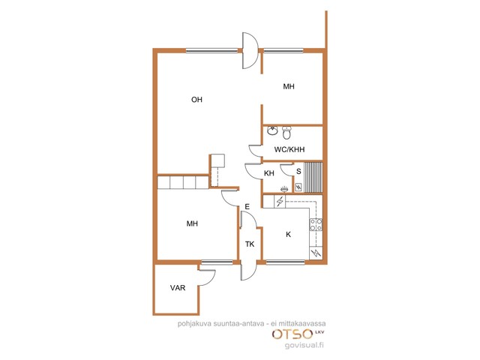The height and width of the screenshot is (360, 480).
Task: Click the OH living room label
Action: pos(196,100)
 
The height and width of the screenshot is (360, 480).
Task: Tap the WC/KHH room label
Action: pos(289,149)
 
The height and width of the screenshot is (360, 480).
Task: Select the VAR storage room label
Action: pos(178,288)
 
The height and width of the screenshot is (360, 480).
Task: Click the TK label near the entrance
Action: pos(250,244)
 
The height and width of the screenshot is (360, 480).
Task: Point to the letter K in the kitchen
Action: pos(288,235)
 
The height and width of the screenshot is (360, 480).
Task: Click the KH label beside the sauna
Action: pos(269,173)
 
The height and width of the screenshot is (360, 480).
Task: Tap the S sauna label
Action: pos(298,172)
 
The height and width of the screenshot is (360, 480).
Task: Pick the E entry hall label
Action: pos(247,207)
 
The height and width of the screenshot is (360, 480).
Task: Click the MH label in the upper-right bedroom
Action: pos(289,87)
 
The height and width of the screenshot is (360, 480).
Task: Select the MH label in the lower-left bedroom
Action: pos(192,223)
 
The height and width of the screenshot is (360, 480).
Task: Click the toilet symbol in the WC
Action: pos(286,133)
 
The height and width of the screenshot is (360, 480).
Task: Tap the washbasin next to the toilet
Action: pos(271,130)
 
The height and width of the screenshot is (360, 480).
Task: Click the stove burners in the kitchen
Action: pos(316,224)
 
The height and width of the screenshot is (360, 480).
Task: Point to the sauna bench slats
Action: pos(313,177)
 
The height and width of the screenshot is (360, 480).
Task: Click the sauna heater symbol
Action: pos(298,187)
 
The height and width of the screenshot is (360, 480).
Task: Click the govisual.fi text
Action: pos(304,345)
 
